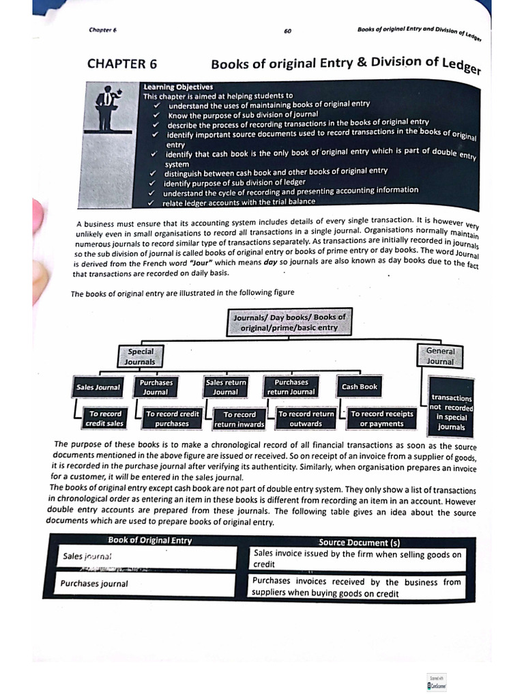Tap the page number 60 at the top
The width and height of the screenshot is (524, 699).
tap(287, 31)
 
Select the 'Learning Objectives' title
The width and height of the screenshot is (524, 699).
tap(178, 87)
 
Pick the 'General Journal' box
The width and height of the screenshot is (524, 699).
tap(440, 356)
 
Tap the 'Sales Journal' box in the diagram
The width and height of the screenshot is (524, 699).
tap(98, 387)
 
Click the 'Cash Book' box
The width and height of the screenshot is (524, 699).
tap(360, 386)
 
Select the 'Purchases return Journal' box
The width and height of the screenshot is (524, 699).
tap(291, 387)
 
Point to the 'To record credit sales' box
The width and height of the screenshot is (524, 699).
tap(104, 418)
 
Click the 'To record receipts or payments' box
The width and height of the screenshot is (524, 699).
tap(381, 418)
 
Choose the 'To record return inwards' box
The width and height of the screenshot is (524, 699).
tap(239, 419)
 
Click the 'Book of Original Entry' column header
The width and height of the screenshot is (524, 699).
tap(149, 541)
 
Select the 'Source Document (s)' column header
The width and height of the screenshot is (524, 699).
tap(359, 543)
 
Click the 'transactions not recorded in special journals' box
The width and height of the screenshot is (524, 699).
tap(451, 412)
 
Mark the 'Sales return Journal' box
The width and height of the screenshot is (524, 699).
tap(226, 387)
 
